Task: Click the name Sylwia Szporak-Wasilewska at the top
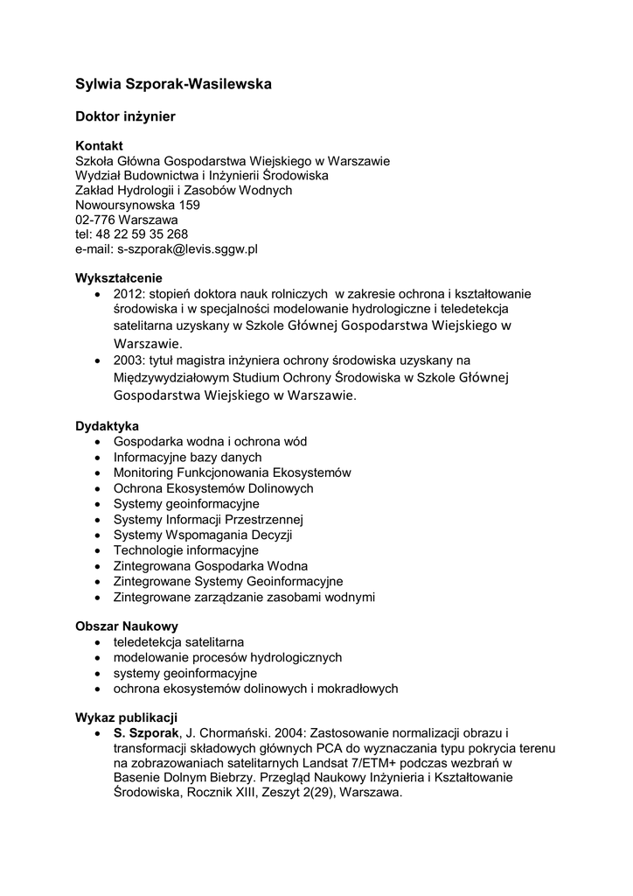(173, 84)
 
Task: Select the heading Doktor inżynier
(125, 115)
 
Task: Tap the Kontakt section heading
(99, 145)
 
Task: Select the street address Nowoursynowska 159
(137, 205)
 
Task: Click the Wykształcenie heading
(119, 278)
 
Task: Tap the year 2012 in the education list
(128, 293)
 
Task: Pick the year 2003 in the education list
(128, 360)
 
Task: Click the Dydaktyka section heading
(107, 426)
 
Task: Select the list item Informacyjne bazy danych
(187, 457)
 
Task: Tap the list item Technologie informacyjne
(185, 550)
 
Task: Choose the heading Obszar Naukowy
(127, 626)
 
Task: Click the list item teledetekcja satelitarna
(178, 641)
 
